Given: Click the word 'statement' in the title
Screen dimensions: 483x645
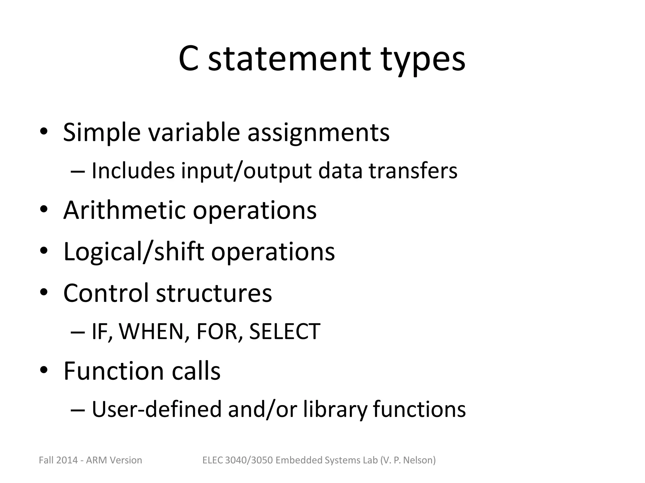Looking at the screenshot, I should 289,59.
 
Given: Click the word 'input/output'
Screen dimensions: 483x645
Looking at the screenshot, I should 246,171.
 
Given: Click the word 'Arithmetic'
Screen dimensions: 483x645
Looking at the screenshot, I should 124,210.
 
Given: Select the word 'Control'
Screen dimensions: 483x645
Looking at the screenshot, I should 106,293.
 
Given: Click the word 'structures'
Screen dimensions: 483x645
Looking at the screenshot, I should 214,293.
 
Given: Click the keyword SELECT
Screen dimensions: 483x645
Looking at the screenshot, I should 285,331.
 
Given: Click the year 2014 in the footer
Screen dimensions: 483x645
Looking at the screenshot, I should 67,460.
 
